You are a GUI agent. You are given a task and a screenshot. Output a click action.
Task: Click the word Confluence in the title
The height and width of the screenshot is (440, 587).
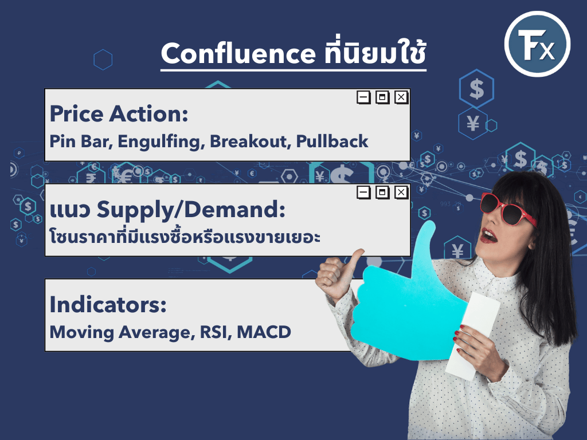click(238, 53)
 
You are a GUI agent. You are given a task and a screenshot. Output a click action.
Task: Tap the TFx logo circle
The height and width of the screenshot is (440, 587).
click(537, 44)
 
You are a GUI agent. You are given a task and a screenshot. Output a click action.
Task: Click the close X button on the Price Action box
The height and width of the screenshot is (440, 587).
click(401, 97)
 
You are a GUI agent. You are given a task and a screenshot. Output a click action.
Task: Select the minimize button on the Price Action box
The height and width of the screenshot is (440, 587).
click(363, 97)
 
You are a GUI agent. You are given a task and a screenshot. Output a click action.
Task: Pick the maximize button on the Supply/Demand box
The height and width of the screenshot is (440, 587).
click(382, 192)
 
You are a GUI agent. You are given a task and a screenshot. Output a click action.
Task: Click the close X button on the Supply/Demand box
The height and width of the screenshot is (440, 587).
click(401, 192)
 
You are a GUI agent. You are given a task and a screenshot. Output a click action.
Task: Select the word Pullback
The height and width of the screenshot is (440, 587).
click(332, 142)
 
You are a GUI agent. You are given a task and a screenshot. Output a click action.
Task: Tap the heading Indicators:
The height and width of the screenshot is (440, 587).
click(108, 304)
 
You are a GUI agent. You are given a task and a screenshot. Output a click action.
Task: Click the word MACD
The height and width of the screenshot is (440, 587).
click(264, 332)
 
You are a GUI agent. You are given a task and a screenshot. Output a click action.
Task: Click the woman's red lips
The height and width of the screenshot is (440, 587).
click(488, 235)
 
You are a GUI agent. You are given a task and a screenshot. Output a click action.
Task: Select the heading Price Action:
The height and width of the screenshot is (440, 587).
click(119, 114)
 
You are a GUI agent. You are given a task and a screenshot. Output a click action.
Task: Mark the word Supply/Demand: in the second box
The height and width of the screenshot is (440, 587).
click(191, 210)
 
